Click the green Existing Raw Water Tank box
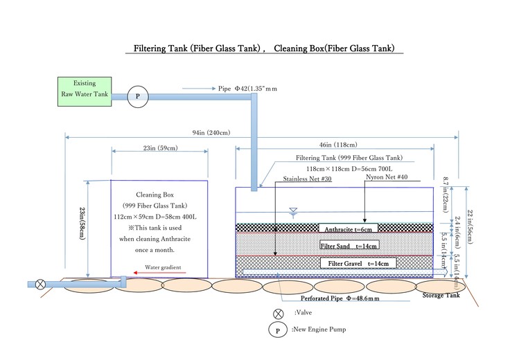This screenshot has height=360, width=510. [x=83, y=91]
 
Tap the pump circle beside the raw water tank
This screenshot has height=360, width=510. [x=137, y=97]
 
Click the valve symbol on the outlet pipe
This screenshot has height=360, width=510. [x=41, y=284]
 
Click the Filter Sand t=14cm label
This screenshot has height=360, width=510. [x=349, y=246]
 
